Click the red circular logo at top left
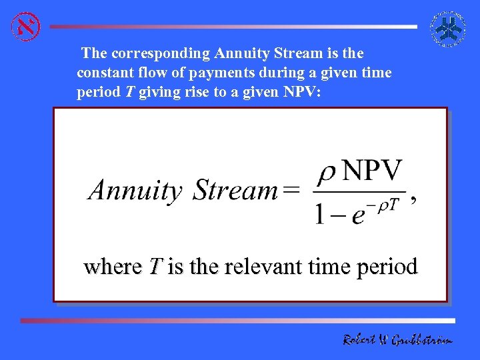point(26,26)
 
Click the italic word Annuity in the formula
point(135,191)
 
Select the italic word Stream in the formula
point(235,191)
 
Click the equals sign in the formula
point(291,191)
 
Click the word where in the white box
point(113,267)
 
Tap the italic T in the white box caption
point(155,267)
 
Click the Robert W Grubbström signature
point(397,340)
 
